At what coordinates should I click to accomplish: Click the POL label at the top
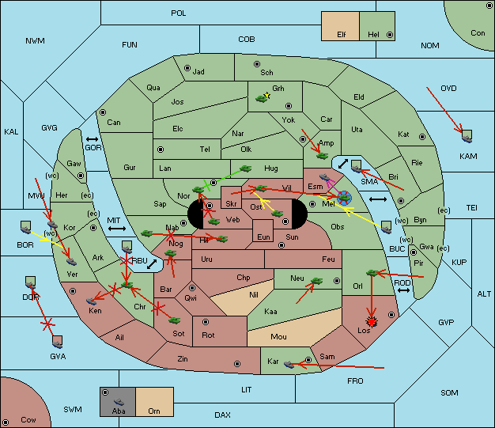tap(179, 13)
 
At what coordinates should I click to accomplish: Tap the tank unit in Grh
tap(263, 98)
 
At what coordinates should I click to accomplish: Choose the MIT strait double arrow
tap(117, 229)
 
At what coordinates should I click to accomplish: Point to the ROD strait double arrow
tap(403, 290)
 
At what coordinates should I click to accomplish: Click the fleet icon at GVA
tap(57, 341)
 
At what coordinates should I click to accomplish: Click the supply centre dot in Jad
tap(188, 69)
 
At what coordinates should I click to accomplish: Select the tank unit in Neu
tap(317, 280)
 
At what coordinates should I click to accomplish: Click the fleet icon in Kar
tap(289, 365)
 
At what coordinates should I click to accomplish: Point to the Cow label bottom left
tap(28, 420)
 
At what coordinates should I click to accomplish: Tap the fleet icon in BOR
tap(26, 226)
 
